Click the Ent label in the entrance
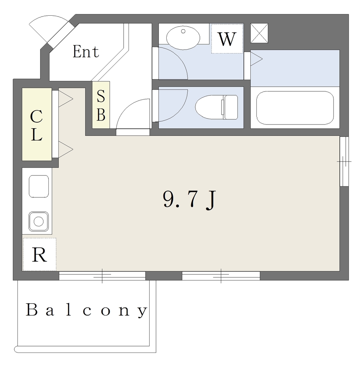(86, 51)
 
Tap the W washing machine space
(227, 38)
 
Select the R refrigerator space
(39, 255)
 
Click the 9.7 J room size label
(189, 200)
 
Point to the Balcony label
(87, 310)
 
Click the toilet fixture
(216, 107)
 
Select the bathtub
(295, 108)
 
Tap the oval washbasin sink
(183, 37)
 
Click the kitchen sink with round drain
(38, 221)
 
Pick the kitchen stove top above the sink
(39, 186)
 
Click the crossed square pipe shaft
(259, 33)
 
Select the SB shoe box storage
(101, 105)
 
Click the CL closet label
(37, 125)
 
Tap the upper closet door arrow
(66, 99)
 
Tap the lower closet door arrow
(66, 149)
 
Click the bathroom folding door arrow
(256, 59)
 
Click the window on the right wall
(344, 161)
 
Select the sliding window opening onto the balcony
(102, 276)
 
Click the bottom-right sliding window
(221, 276)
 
